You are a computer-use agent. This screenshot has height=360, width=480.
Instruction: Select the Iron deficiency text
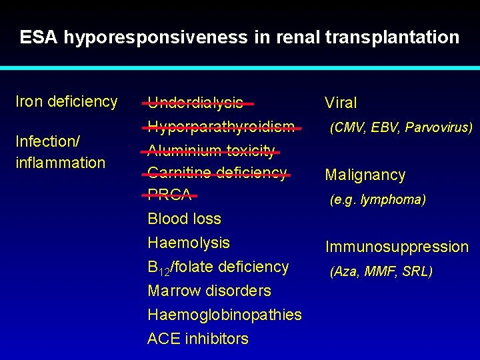[x=67, y=102]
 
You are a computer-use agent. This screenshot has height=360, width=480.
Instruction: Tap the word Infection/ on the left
[x=47, y=141]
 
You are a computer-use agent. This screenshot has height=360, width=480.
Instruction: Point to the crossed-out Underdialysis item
[x=195, y=103]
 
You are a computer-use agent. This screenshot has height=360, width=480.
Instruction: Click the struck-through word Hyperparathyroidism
[x=221, y=127]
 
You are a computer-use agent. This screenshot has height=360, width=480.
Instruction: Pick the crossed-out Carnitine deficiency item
[x=217, y=173]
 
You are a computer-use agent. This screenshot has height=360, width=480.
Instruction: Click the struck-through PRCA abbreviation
[x=169, y=195]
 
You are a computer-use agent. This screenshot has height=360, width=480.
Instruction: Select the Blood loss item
[x=184, y=219]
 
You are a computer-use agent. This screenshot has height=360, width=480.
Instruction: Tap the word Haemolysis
[x=189, y=243]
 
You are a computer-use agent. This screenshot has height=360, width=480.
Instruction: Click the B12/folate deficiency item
[x=218, y=267]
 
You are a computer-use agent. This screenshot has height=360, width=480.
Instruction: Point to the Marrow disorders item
[x=209, y=291]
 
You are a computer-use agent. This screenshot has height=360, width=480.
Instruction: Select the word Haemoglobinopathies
[x=225, y=315]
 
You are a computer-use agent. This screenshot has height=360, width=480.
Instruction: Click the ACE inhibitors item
[x=198, y=339]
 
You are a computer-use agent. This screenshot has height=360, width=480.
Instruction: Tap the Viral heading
[x=341, y=103]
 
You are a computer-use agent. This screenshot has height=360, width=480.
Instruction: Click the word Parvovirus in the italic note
[x=439, y=127]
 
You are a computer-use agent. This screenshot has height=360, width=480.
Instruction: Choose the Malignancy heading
[x=365, y=175]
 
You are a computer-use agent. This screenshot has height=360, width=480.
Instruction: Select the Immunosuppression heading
[x=397, y=247]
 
